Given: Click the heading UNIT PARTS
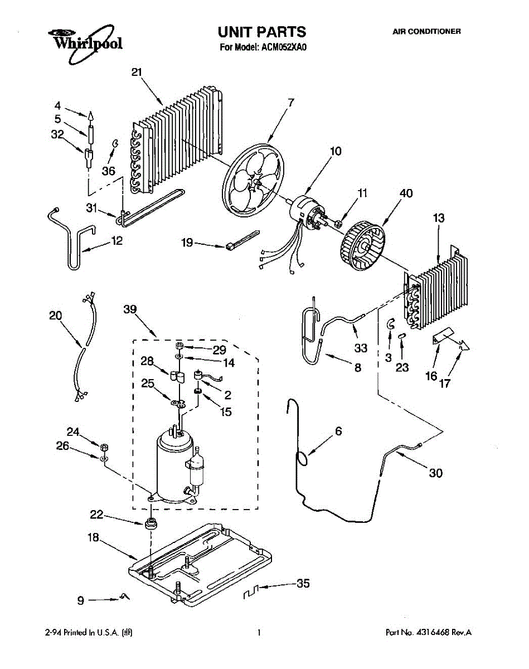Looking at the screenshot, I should coord(262,32).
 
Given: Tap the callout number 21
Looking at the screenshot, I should coord(137,72).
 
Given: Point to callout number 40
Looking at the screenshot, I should coord(406,194).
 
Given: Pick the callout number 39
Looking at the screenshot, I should coord(130,310).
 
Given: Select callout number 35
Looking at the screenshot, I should coord(303,584).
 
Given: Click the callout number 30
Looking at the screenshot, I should coord(435,473).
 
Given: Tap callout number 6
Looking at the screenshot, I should coord(338,431).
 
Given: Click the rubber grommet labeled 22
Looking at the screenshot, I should coord(150,524).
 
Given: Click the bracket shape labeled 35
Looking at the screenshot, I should coord(253,592).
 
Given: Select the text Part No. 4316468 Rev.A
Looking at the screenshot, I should coord(429,633).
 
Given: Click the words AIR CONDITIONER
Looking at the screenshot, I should coord(426,32).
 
